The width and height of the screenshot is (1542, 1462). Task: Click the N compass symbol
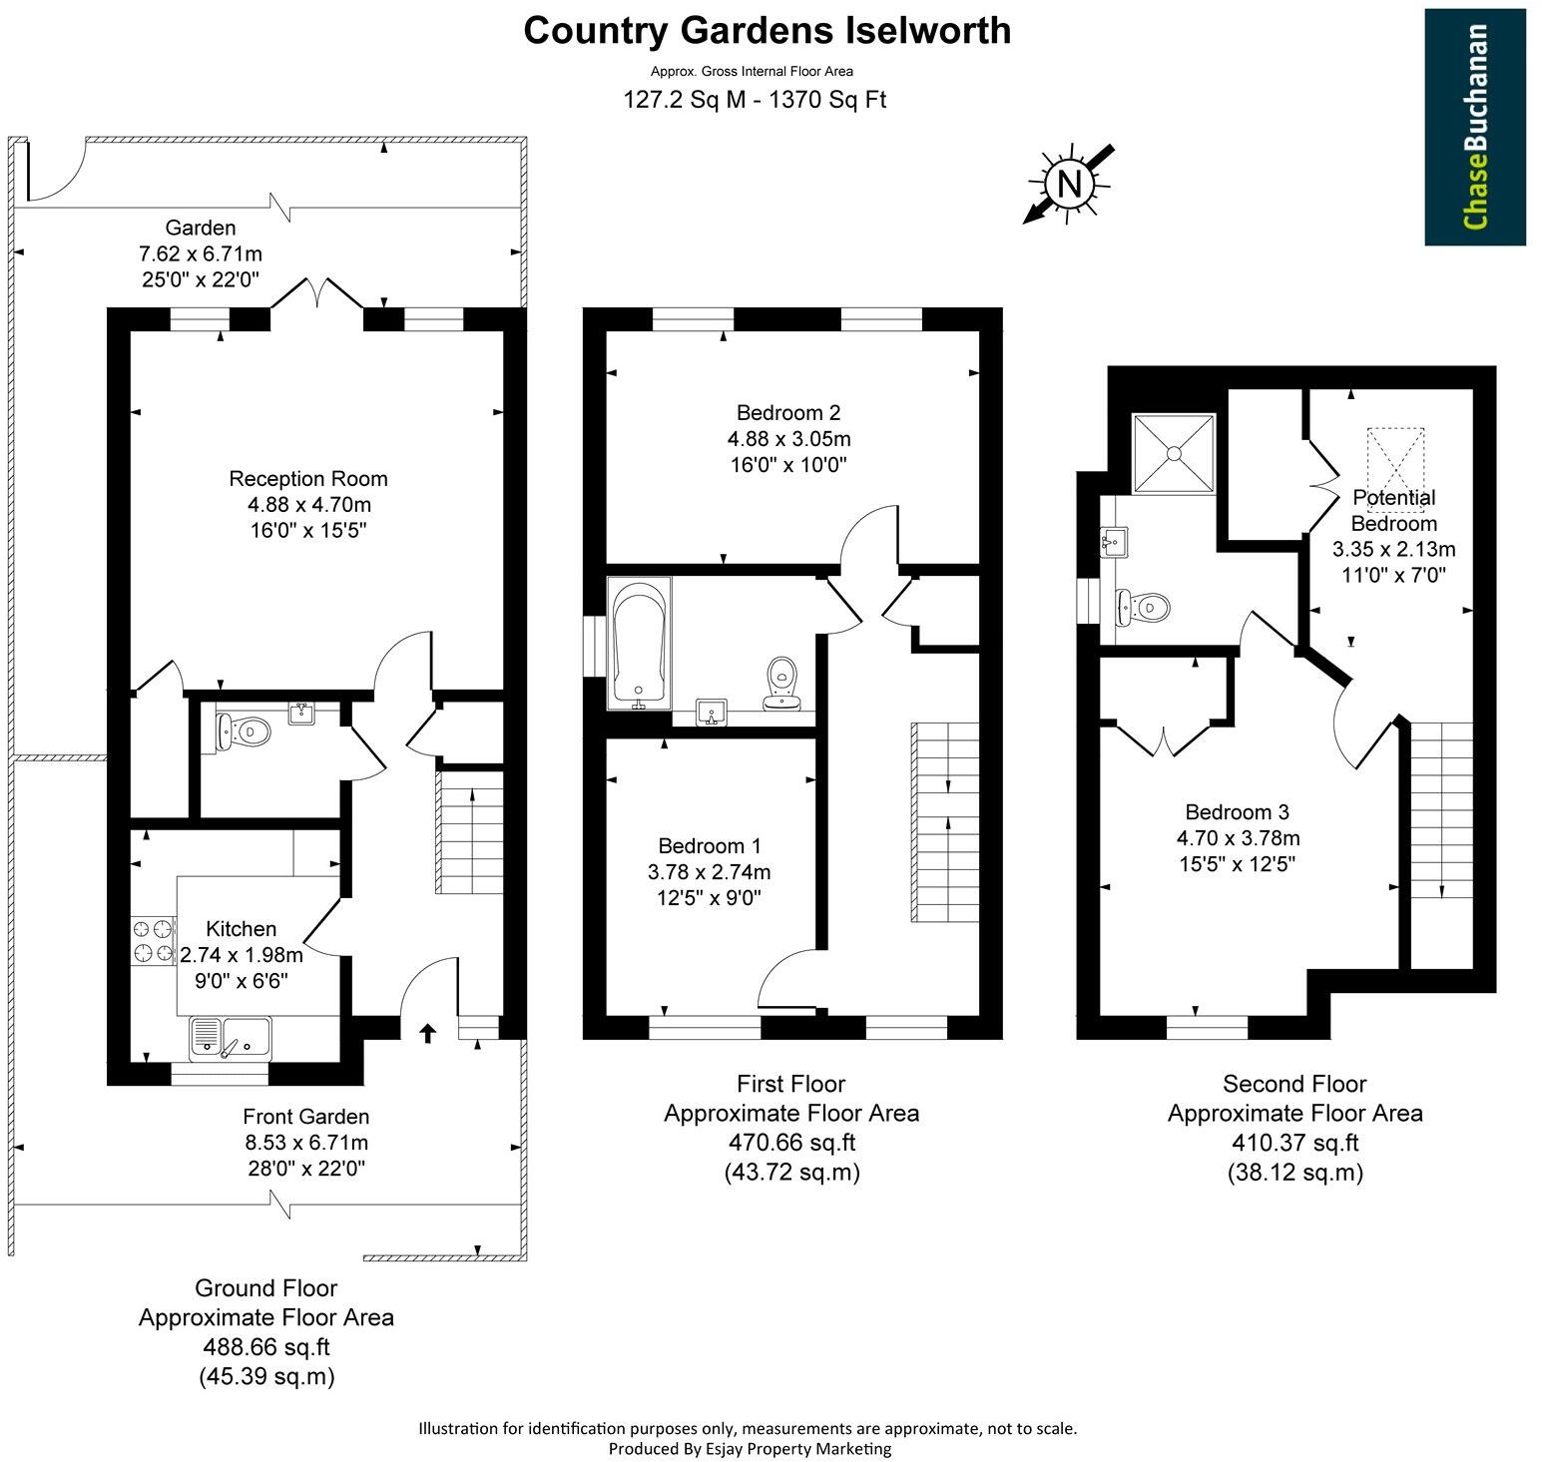click(1069, 184)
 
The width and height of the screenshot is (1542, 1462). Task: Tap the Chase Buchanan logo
click(1474, 127)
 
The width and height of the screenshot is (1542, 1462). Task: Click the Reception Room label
click(308, 478)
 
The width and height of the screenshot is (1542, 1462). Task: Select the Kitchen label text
click(242, 928)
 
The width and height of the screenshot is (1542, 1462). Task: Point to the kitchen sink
click(231, 1038)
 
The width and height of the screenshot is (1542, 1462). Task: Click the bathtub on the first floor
click(640, 644)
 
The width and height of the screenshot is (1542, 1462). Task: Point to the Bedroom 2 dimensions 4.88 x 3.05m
click(788, 438)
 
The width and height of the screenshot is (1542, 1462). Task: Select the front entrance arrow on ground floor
click(428, 1033)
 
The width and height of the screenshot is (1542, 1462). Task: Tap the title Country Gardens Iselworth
click(767, 30)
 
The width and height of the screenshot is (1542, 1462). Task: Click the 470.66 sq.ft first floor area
click(791, 1142)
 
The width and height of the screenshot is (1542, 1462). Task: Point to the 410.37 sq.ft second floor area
click(1294, 1142)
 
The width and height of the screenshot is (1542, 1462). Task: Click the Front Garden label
click(305, 1116)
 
